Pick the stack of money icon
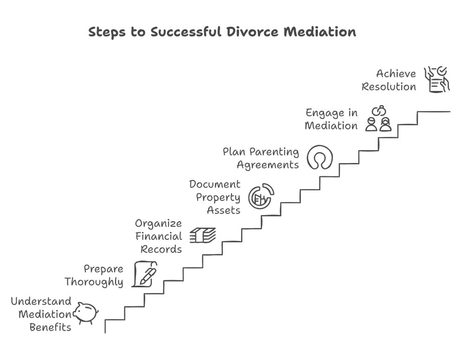(x=203, y=236)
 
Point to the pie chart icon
(x=261, y=196)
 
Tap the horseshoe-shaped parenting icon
(x=320, y=158)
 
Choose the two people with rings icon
(x=378, y=119)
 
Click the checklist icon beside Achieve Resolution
(x=437, y=79)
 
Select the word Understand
(x=41, y=301)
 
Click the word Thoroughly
(x=94, y=282)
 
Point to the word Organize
(x=158, y=223)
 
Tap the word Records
(x=161, y=249)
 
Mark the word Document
(x=215, y=184)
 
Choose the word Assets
(x=224, y=210)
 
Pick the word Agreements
(x=268, y=165)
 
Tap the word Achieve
(x=396, y=74)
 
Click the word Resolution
(x=389, y=87)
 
